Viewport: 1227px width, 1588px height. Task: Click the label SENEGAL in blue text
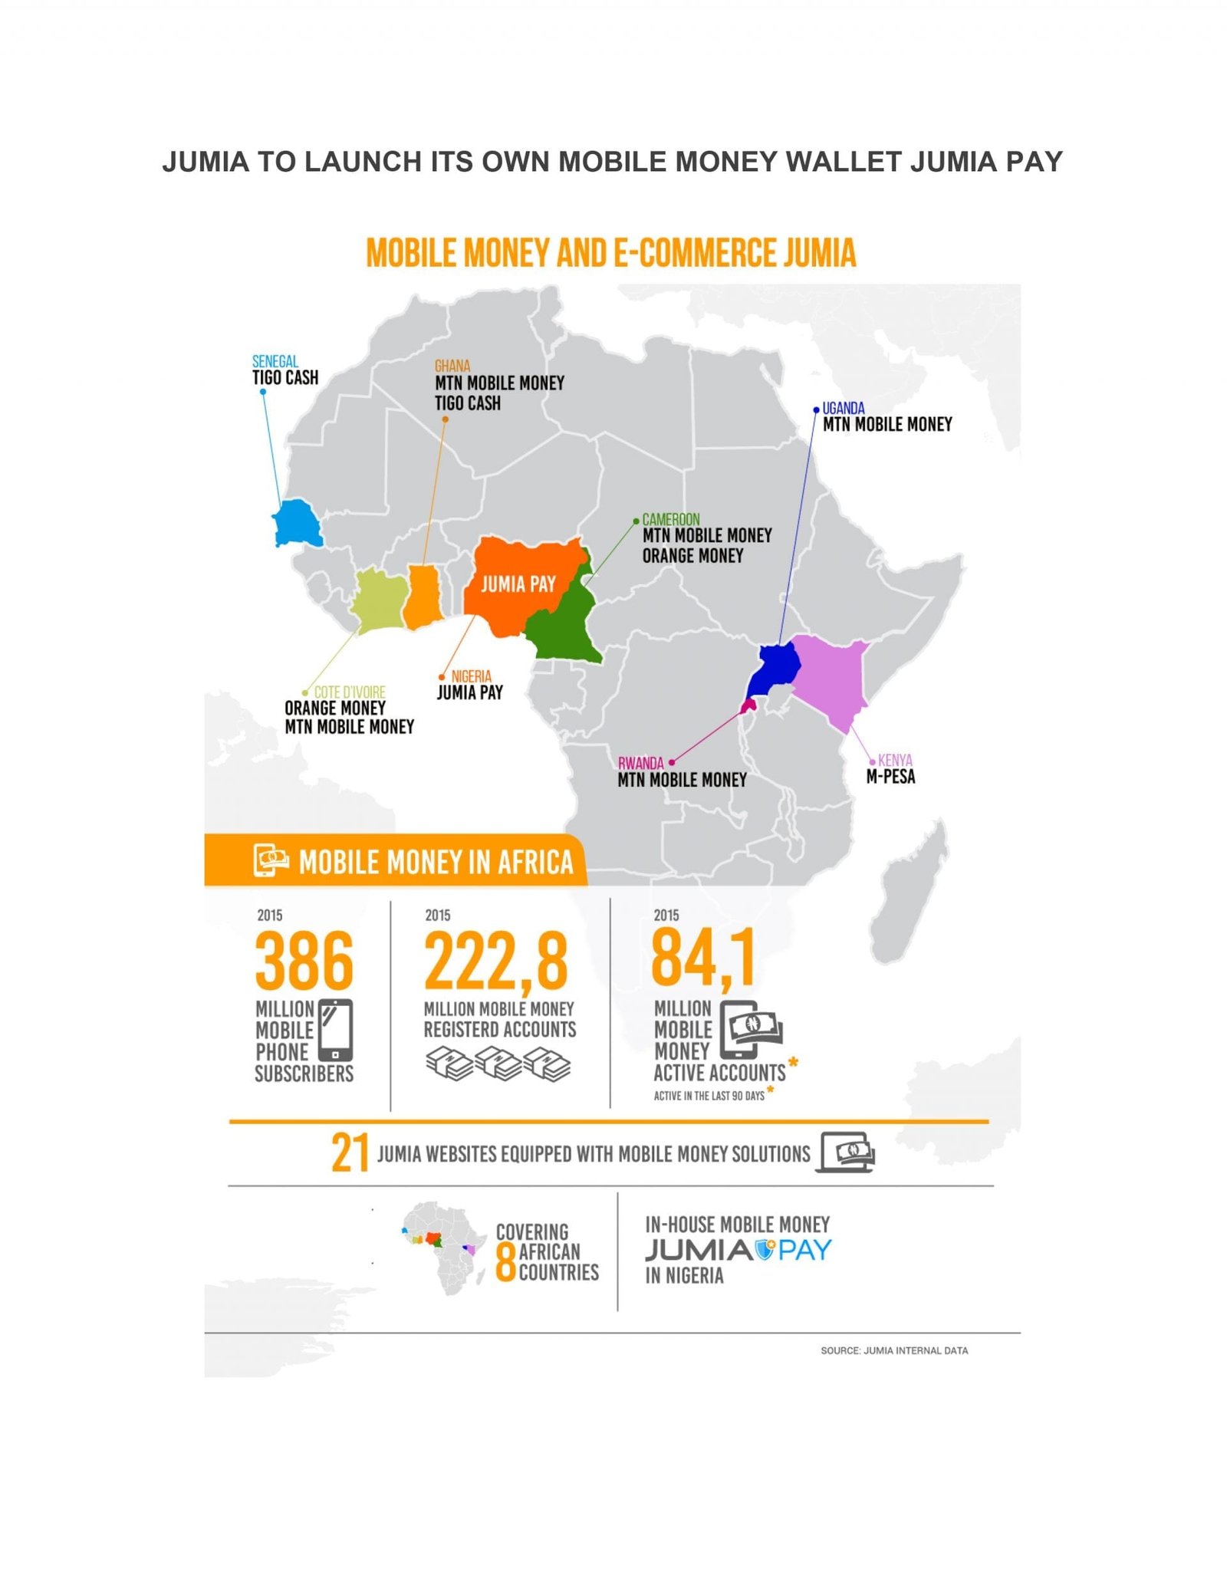coord(275,361)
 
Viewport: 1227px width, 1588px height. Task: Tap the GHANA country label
coord(452,367)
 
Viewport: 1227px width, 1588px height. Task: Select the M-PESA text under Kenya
coord(890,777)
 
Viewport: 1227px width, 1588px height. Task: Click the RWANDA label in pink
coord(640,763)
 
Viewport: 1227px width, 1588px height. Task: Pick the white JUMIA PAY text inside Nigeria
coord(518,584)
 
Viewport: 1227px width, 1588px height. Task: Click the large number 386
coord(304,961)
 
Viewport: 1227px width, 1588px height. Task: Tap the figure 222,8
coord(496,961)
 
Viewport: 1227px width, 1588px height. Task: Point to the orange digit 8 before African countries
coord(505,1261)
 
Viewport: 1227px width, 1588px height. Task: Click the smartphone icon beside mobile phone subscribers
coord(335,1030)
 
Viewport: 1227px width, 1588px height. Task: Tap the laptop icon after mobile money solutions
coord(845,1152)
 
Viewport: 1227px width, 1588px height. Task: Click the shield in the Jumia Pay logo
coord(765,1250)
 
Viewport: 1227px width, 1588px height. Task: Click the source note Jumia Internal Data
coord(893,1350)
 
